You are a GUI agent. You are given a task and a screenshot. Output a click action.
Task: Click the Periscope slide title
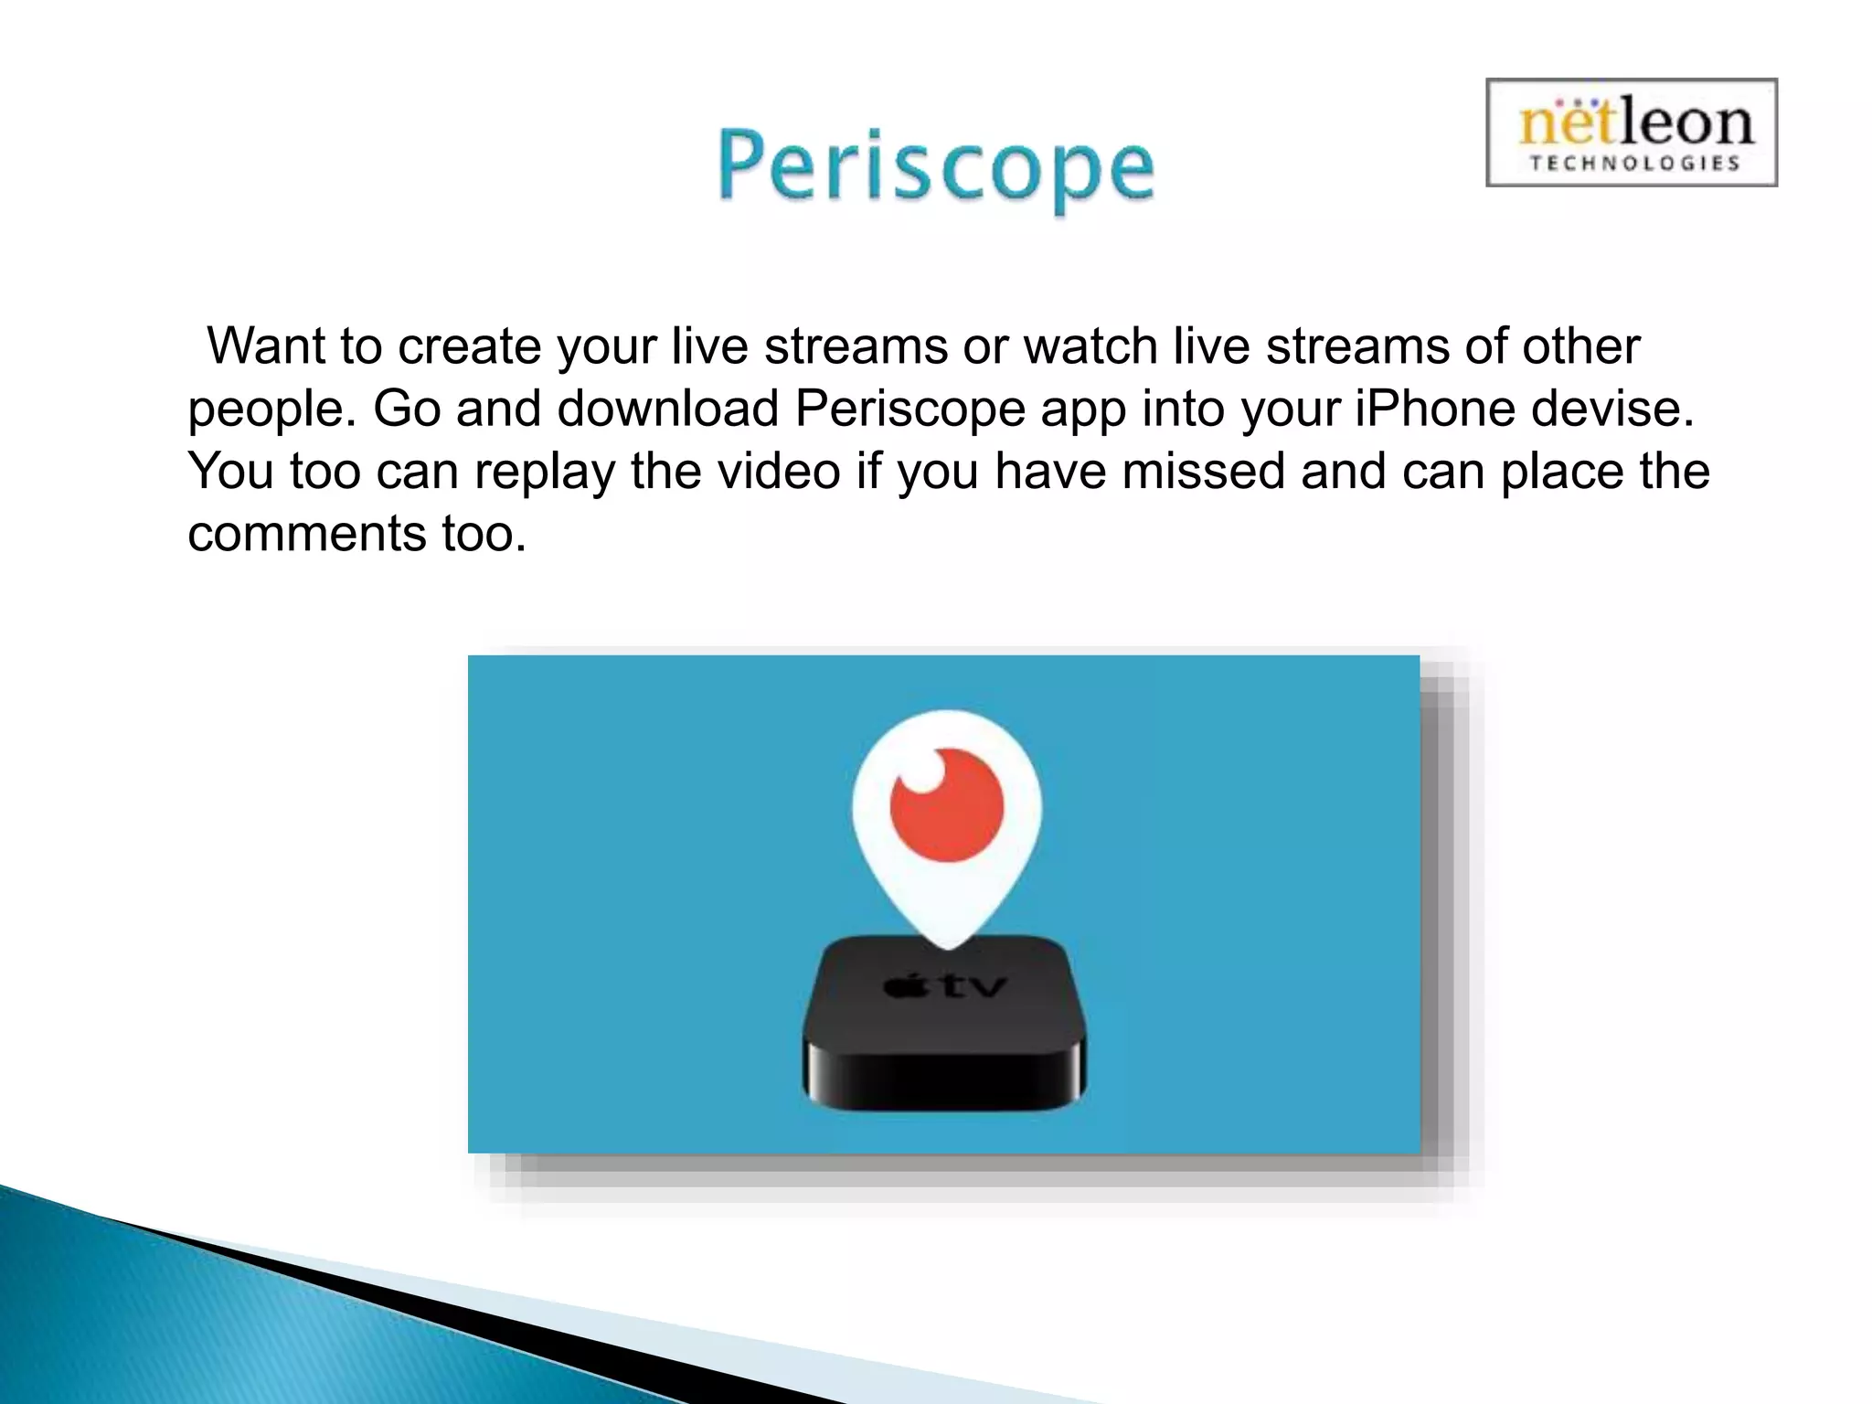[935, 169]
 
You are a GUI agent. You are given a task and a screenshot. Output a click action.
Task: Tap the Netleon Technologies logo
[1632, 133]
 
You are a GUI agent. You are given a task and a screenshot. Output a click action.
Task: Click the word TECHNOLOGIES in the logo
[1633, 164]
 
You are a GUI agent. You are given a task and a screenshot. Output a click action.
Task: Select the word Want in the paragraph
[266, 346]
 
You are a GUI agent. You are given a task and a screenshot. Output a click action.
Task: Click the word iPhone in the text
[1433, 409]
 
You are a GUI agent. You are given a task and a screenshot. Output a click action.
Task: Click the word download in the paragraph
[667, 409]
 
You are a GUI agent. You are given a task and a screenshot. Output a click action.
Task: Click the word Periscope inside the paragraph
[909, 409]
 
